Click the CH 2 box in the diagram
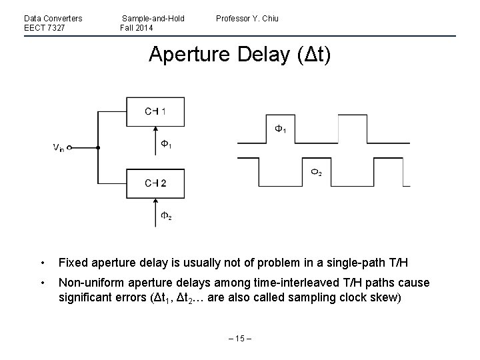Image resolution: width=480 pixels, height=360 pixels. (x=155, y=182)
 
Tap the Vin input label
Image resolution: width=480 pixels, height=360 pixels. (x=59, y=148)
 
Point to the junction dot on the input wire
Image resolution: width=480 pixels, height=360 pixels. (x=98, y=147)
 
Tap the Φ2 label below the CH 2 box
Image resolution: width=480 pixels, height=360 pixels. (x=167, y=215)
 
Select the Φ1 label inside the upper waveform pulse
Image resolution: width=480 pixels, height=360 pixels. (x=281, y=129)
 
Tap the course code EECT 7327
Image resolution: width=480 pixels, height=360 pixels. (x=44, y=27)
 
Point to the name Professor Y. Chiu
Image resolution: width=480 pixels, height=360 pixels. (x=247, y=18)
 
